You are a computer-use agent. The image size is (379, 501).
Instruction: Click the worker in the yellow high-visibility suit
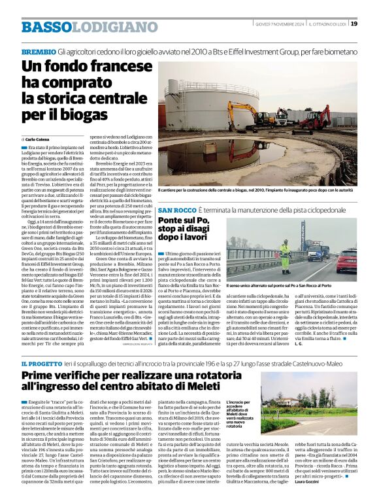286,256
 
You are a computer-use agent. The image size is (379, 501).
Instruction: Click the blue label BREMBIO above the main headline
38,51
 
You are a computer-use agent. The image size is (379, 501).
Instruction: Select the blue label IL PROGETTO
41,363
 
